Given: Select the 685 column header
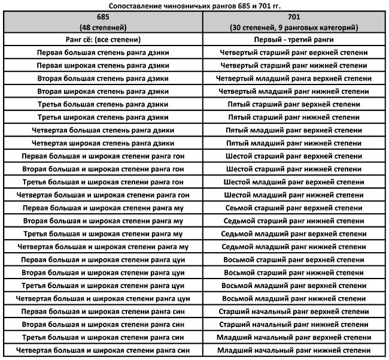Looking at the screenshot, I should coord(102,22).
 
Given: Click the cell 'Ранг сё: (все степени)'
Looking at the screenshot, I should coord(102,40).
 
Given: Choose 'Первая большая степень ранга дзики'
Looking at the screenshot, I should coord(102,53).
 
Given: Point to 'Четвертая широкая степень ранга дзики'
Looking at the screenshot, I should coord(102,143).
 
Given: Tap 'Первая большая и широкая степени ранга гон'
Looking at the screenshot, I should coord(102,156).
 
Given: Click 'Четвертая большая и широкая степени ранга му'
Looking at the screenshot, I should coord(102,247).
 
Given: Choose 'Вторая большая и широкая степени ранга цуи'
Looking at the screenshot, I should coord(102,273).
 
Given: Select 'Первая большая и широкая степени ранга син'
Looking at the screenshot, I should coord(102,311).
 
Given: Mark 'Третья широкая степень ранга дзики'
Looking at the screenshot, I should coord(102,117).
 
